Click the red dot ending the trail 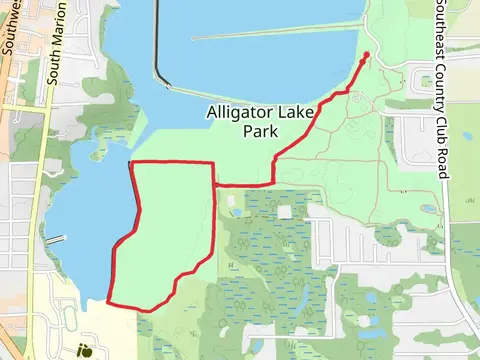tap(366, 54)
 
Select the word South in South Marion tap(57, 70)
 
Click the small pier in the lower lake tap(55, 240)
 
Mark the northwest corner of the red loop tap(133, 163)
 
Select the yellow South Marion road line tap(38, 200)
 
